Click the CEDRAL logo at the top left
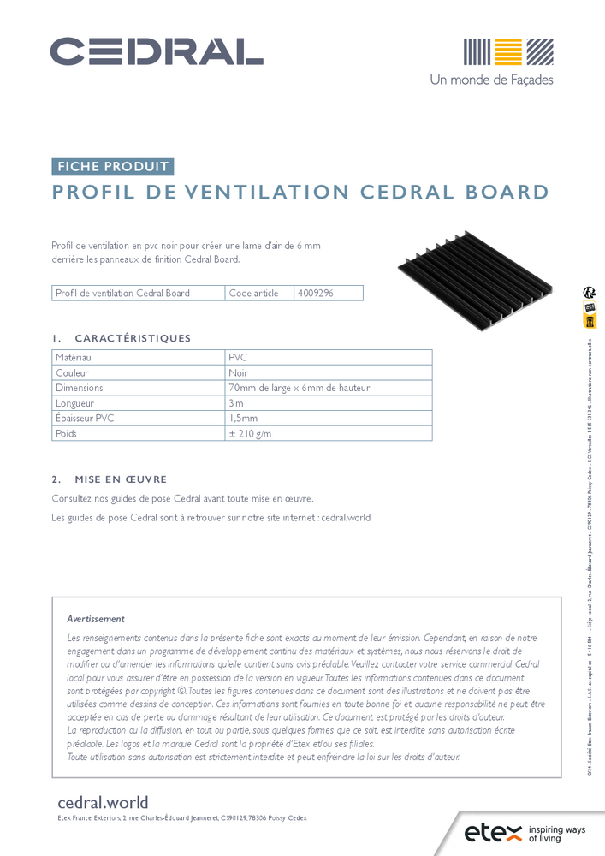point(157,51)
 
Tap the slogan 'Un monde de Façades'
point(491,80)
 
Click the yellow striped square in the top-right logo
point(507,51)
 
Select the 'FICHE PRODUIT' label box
point(113,167)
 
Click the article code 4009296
point(315,293)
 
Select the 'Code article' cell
point(254,293)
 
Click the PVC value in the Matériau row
point(238,357)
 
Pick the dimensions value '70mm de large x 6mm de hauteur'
point(299,388)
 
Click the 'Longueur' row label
point(74,403)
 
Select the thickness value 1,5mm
point(243,419)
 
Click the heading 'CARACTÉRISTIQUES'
point(133,338)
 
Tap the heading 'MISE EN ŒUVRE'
point(121,479)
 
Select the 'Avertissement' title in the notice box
point(96,618)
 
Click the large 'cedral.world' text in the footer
point(103,802)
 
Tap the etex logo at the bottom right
point(490,832)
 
